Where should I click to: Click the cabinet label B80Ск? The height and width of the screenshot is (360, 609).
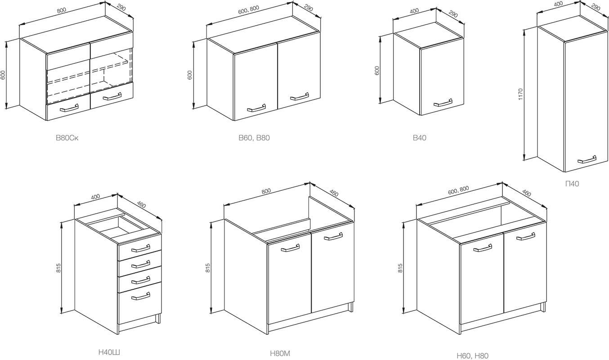[x=67, y=138]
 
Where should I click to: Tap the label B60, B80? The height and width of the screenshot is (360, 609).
[x=254, y=138]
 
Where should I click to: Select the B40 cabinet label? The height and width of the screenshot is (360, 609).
[x=420, y=138]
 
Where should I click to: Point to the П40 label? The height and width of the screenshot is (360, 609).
[x=572, y=184]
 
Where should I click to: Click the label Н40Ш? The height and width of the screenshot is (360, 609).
[x=109, y=352]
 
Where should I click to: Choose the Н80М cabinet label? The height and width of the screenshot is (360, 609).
[x=280, y=353]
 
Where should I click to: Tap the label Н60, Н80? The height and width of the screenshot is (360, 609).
[x=473, y=355]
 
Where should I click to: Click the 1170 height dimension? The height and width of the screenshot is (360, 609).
[x=520, y=94]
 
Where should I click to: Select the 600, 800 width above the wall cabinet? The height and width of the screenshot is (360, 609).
[x=248, y=10]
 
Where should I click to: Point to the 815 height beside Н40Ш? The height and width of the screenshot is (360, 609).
[x=59, y=268]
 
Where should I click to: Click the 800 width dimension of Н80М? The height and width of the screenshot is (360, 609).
[x=266, y=191]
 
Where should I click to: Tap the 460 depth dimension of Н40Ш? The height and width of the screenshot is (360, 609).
[x=141, y=204]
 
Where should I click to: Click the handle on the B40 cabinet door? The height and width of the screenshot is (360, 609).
[x=443, y=103]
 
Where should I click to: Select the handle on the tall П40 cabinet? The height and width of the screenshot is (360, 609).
[x=587, y=159]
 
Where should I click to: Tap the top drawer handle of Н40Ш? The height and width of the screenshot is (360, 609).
[x=141, y=248]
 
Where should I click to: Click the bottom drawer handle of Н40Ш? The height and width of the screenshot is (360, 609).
[x=141, y=296]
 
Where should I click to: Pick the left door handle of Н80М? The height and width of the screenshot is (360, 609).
[x=290, y=247]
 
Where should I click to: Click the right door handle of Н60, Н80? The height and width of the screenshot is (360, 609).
[x=526, y=236]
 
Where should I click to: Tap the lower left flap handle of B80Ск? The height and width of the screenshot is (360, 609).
[x=69, y=108]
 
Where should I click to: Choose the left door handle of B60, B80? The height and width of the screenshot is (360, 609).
[x=256, y=108]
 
